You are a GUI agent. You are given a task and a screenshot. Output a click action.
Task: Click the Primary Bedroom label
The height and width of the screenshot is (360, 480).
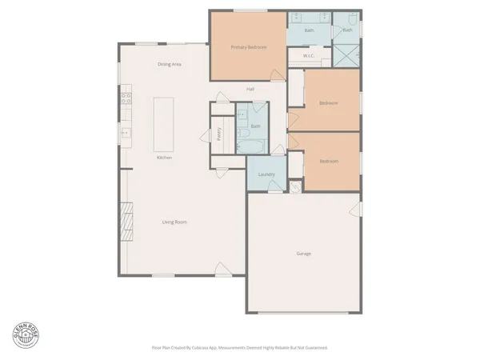248,48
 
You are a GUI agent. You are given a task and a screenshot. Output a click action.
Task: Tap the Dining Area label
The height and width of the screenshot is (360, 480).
169,64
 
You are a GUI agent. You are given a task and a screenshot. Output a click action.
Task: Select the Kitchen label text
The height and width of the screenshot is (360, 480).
165,158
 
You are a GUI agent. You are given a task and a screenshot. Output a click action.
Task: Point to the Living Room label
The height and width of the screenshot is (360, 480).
174,222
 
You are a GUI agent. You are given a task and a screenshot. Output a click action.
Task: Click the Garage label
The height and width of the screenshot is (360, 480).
303,254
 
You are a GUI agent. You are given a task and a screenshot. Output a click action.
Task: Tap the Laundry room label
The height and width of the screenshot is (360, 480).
266,174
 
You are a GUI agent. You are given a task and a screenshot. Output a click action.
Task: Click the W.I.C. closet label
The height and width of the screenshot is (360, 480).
309,56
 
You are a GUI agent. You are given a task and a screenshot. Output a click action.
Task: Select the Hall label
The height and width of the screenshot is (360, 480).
250,89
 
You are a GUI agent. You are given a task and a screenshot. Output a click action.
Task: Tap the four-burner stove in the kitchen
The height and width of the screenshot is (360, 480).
126,99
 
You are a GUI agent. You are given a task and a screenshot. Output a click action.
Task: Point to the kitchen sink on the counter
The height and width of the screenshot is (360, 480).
125,132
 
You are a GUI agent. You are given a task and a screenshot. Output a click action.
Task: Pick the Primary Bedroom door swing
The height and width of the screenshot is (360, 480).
277,75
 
